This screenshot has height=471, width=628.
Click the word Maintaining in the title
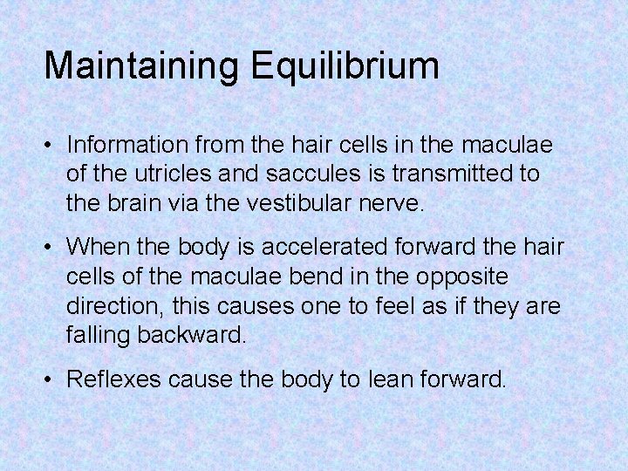(143, 66)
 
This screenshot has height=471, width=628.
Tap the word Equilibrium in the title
(345, 66)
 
